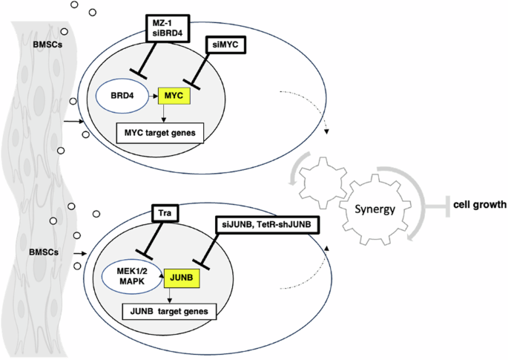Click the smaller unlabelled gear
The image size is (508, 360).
tap(320, 176)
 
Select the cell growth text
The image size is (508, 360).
tap(479, 203)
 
